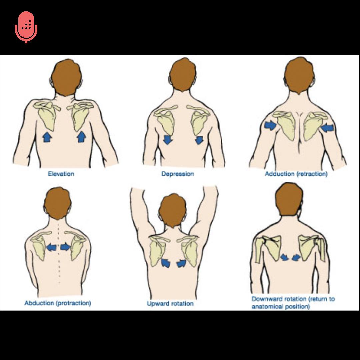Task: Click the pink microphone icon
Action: tap(26, 27)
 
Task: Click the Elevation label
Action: tap(61, 174)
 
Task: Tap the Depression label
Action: tap(177, 174)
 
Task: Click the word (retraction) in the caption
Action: tap(311, 174)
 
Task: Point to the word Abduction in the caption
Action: tap(39, 303)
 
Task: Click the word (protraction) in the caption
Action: tap(73, 303)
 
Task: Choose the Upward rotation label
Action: tap(170, 304)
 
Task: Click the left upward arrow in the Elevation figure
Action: tap(47, 137)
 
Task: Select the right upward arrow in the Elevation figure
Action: tap(82, 137)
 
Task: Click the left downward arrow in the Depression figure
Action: tap(168, 140)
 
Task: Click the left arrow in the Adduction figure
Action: tap(270, 125)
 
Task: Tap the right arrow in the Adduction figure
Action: tap(327, 128)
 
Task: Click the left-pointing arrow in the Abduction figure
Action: tap(51, 247)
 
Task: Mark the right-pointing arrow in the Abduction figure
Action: tap(66, 247)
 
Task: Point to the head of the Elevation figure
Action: tap(66, 77)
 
